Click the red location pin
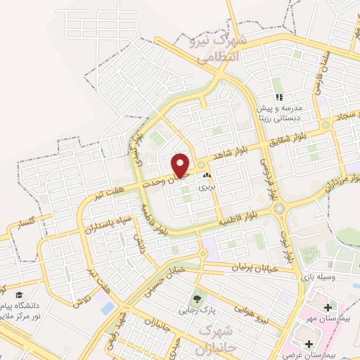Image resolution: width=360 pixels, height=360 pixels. [x=181, y=165]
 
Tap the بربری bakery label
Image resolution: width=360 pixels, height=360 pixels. [x=206, y=187]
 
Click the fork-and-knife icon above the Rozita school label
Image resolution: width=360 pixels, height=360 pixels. [x=280, y=98]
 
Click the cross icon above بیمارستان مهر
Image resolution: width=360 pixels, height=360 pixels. [x=328, y=307]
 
